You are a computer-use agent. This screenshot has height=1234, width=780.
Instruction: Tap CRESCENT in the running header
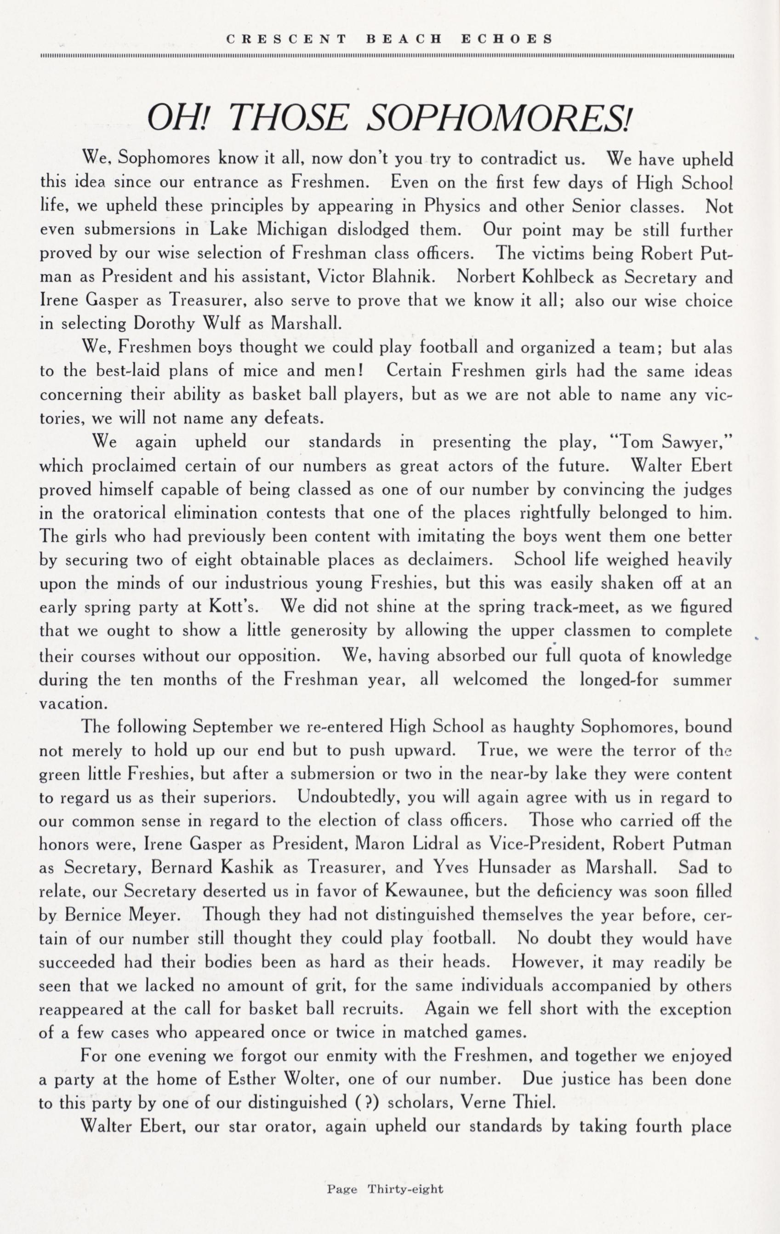point(286,39)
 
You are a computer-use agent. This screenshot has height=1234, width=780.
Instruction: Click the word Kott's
point(235,607)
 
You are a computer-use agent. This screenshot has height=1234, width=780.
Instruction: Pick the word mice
point(261,371)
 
